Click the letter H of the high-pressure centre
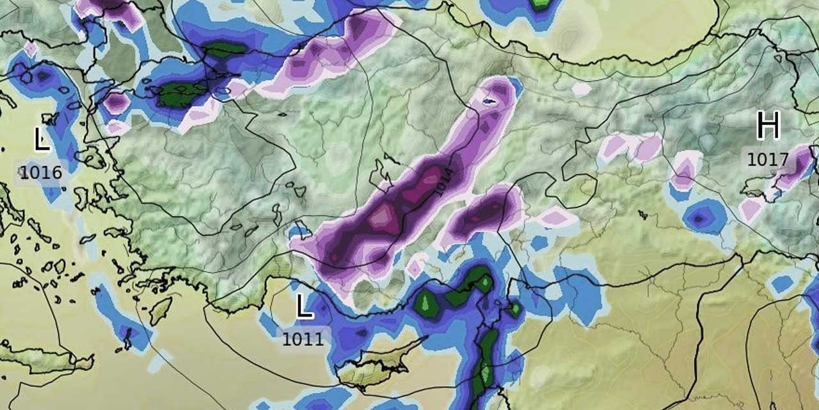pos(768,126)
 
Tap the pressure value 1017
pos(767,158)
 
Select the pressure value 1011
pos(303,338)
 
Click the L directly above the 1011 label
pos(305,308)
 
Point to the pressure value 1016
pos(40,172)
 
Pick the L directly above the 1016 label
pos(42,139)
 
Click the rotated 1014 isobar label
pos(443,181)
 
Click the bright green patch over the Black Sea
pos(541,3)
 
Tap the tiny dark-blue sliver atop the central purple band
pos(489,101)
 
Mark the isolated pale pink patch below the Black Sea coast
pos(581,89)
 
